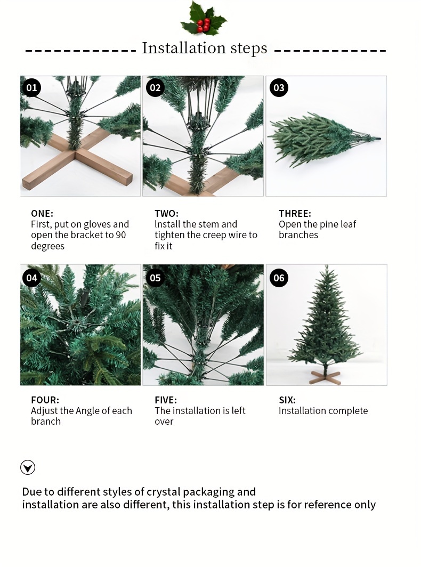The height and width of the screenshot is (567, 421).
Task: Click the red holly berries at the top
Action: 204,25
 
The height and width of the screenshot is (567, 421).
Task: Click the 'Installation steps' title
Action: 205,48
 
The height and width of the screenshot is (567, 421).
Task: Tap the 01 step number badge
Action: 32,87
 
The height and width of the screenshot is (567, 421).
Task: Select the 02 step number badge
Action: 155,87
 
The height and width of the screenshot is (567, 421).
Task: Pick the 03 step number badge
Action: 279,87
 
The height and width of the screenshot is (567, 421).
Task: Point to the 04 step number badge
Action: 32,278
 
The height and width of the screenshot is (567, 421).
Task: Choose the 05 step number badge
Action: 155,278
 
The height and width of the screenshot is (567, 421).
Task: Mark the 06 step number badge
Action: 279,278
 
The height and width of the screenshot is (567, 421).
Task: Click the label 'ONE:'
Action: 42,213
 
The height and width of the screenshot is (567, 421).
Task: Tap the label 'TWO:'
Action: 166,213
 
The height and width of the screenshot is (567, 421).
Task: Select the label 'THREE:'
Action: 295,213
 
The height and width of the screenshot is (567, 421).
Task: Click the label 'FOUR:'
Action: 45,400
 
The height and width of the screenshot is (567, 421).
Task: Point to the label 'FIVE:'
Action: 165,400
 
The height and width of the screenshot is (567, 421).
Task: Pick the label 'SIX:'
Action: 287,400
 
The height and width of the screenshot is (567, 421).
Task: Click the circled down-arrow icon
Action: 28,468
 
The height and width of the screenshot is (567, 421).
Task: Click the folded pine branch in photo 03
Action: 320,139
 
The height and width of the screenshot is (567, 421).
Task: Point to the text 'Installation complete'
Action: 323,411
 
